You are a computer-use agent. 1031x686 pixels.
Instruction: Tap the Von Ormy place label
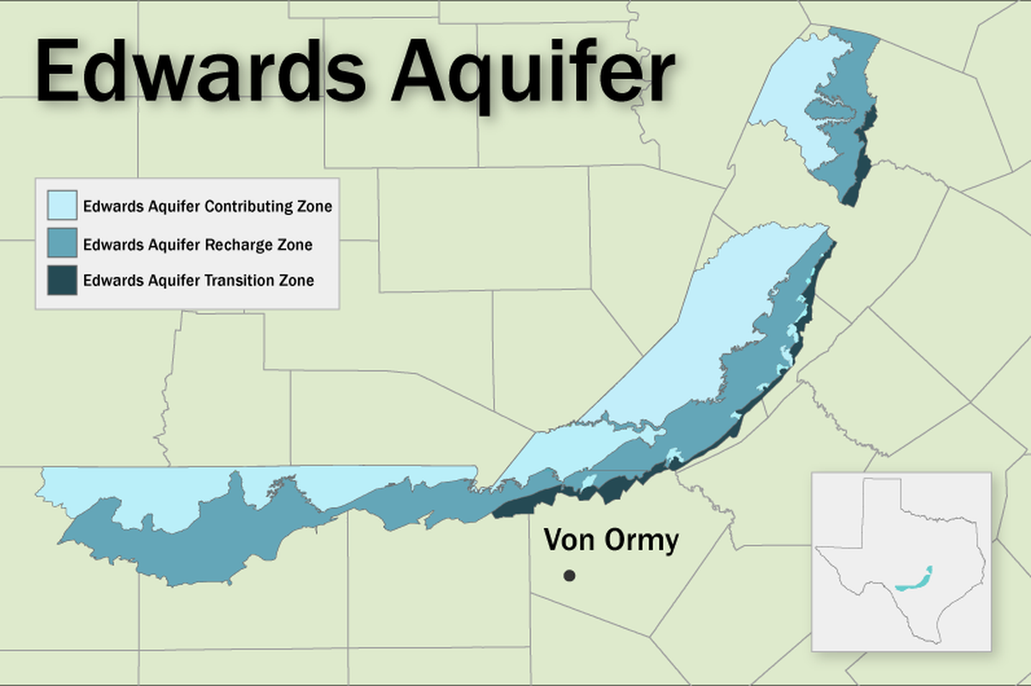[x=611, y=540]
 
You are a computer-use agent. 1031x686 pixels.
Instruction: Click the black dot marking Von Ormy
[x=569, y=576]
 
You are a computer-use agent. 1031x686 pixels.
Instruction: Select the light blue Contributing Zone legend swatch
[x=63, y=206]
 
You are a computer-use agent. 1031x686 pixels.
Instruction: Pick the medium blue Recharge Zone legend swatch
[x=63, y=244]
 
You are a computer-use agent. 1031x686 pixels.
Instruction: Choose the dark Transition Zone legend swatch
[x=63, y=280]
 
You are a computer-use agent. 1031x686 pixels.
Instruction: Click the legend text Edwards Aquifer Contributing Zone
[x=207, y=207]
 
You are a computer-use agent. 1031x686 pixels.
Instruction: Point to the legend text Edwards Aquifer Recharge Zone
[x=198, y=245]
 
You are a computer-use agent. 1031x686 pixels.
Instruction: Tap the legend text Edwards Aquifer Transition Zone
[x=198, y=281]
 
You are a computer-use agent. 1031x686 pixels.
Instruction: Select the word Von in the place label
[x=566, y=540]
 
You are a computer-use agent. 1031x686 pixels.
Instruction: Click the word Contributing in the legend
[x=253, y=207]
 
